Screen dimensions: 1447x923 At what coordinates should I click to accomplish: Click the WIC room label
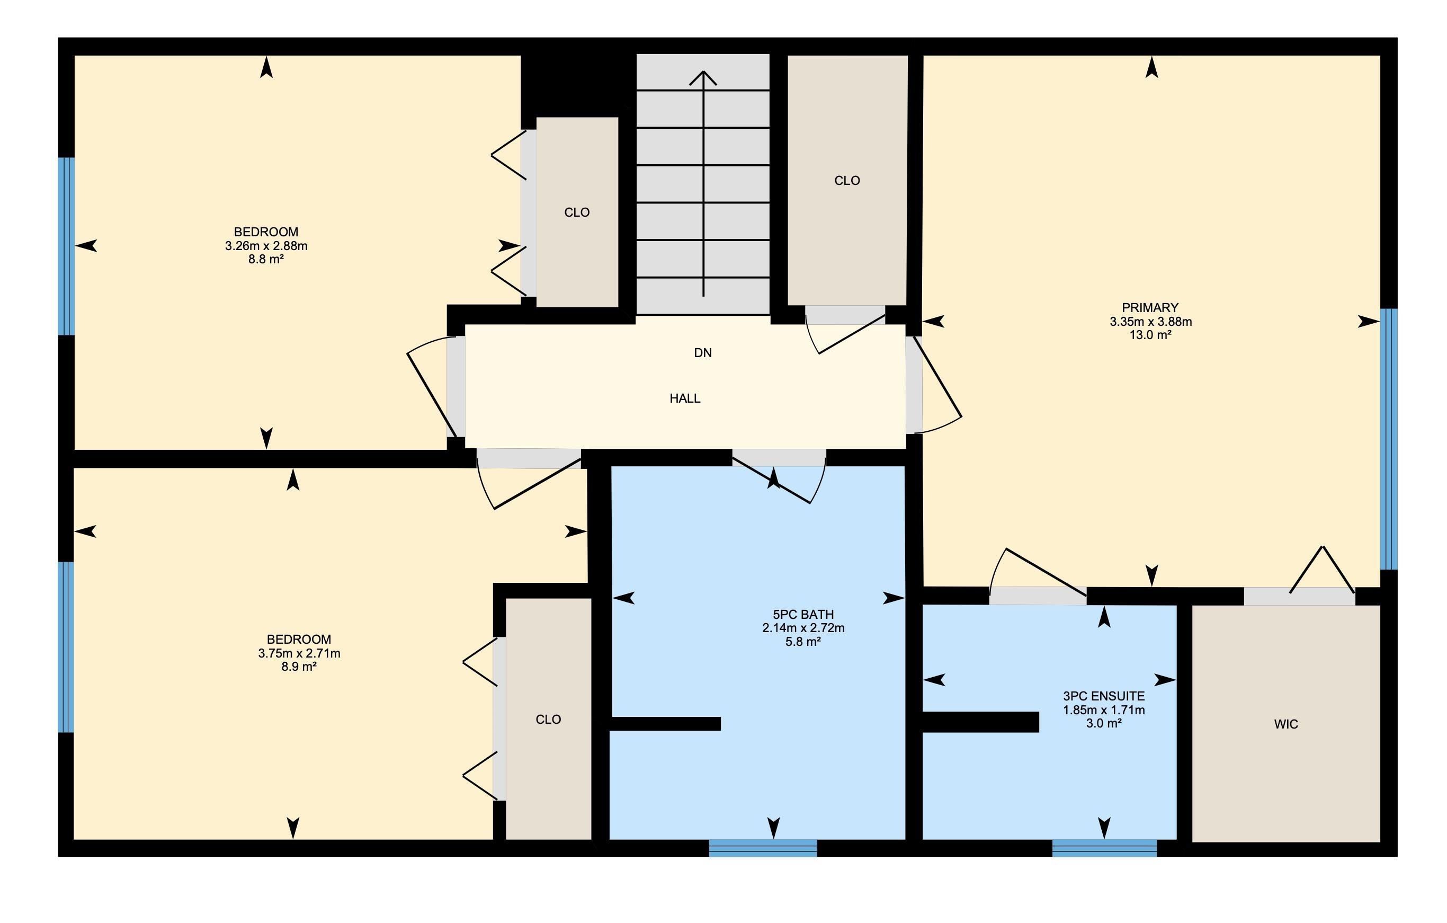[x=1286, y=724]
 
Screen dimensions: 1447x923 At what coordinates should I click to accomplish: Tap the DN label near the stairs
[x=702, y=353]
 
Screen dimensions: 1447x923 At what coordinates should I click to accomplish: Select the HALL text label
[x=685, y=398]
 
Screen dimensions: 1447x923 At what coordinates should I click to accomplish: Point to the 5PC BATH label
[x=803, y=615]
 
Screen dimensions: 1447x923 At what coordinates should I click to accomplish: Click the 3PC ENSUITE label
[x=1104, y=696]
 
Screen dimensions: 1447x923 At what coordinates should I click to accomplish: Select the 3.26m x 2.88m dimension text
[x=266, y=246]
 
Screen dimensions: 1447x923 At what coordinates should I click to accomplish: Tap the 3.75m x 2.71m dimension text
[x=299, y=654]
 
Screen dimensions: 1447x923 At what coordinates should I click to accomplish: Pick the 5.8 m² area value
[x=803, y=642]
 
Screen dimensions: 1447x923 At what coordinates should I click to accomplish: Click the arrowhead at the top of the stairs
[x=703, y=77]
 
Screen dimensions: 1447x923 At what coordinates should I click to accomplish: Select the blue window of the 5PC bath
[x=763, y=848]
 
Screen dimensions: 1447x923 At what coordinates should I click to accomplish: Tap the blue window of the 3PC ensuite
[x=1104, y=848]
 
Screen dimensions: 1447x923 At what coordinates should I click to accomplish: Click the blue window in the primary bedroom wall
[x=1389, y=439]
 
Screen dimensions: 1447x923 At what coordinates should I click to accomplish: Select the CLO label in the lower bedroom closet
[x=548, y=720]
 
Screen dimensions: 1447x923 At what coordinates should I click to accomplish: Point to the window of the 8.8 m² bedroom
[x=66, y=246]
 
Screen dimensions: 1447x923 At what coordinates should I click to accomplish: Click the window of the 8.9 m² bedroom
[x=66, y=647]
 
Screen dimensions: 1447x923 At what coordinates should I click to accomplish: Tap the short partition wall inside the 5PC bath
[x=665, y=724]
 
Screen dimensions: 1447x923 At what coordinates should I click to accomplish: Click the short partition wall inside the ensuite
[x=981, y=722]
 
